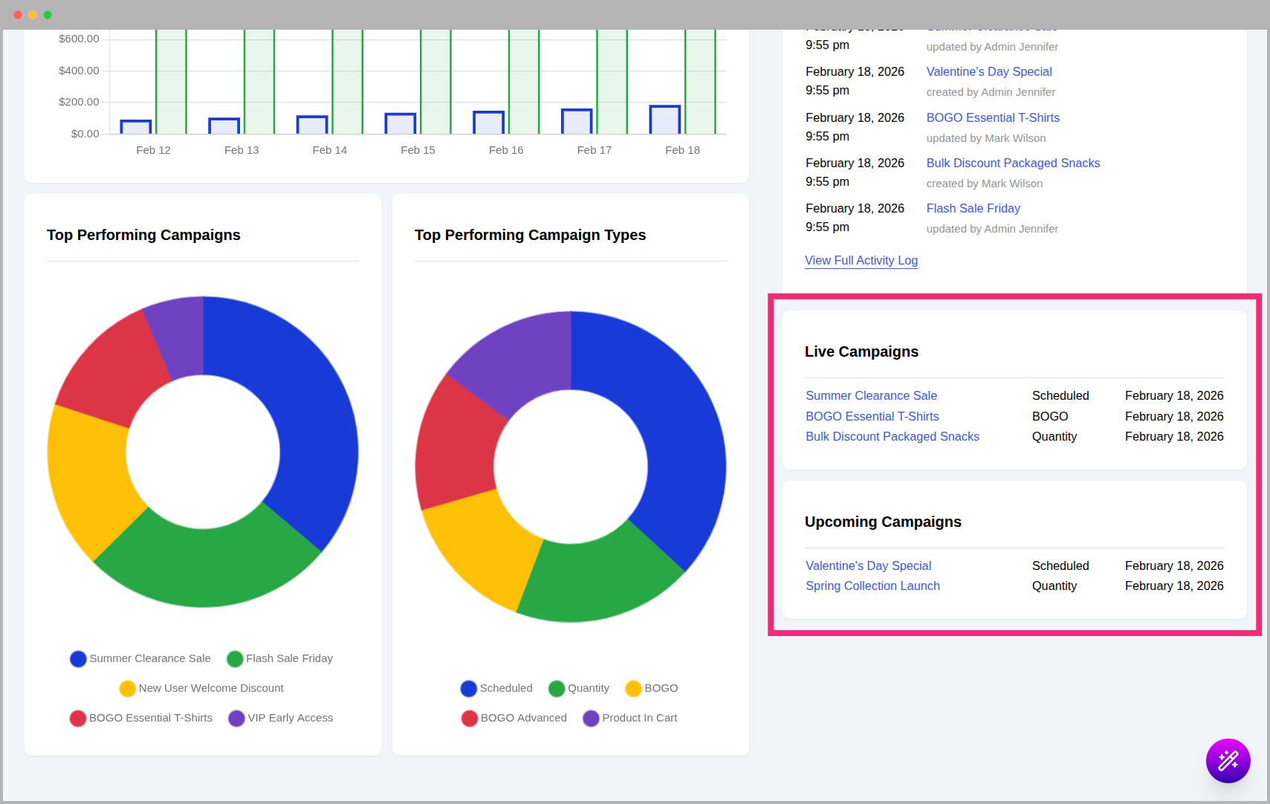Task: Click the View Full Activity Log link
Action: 861,260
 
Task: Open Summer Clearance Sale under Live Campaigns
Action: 871,395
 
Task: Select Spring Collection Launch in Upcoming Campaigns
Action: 872,586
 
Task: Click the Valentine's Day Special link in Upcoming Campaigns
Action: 868,565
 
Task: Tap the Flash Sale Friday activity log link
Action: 973,208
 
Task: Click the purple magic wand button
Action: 1228,760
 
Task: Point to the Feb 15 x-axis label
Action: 418,150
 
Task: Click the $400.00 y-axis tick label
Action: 79,71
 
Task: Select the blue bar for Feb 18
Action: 664,120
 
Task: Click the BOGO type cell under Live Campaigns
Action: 1049,416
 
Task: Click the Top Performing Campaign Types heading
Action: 530,235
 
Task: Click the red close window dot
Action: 18,15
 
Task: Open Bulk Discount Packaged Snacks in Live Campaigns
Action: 892,436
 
